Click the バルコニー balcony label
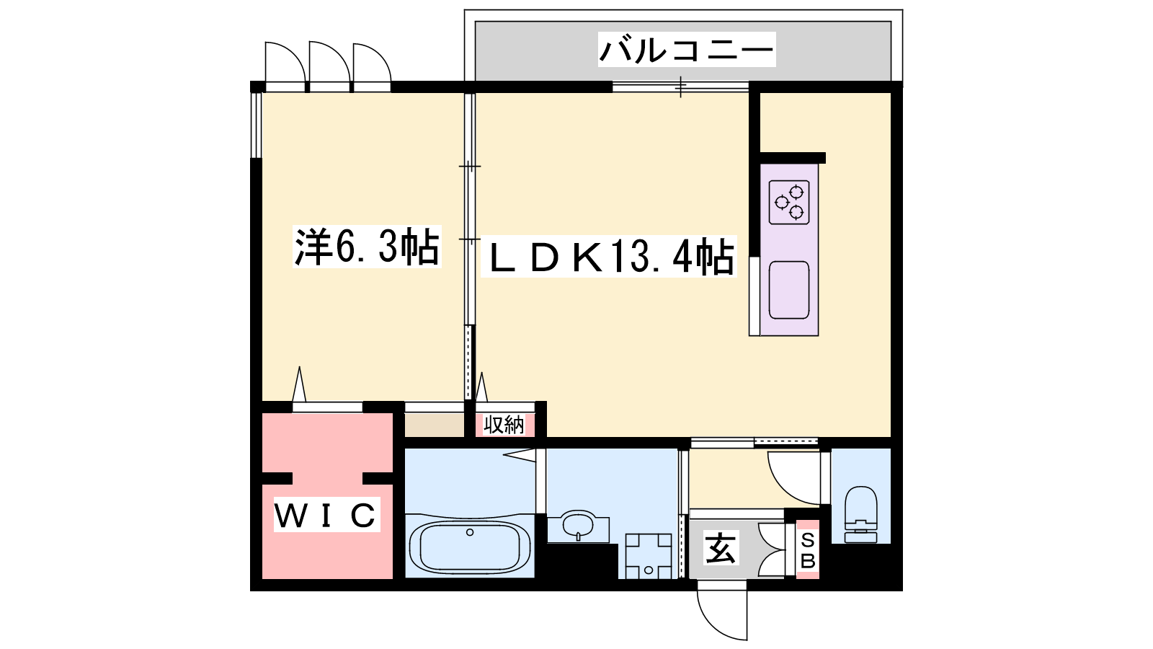point(687,50)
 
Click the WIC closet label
point(326,515)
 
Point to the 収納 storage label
point(504,425)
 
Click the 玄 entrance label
point(721,547)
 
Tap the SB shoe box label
point(808,550)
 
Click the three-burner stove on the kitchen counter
point(789,202)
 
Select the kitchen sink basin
point(789,290)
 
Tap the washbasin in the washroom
point(577,526)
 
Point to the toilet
point(860,515)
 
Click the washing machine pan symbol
point(649,556)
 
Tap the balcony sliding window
point(680,87)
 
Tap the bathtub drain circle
point(469,532)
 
